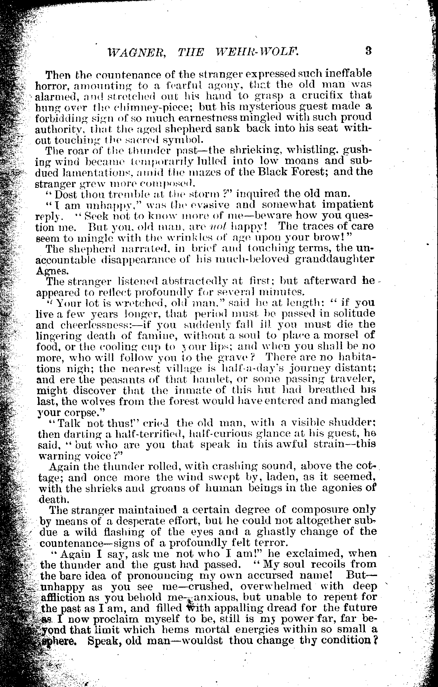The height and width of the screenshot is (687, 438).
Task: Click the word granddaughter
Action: coord(334,259)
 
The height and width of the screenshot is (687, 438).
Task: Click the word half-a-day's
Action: coord(255,368)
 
